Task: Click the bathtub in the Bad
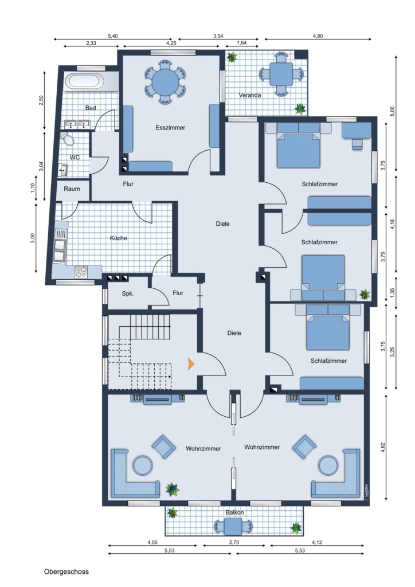pos(84,81)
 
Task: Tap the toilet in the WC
pos(68,139)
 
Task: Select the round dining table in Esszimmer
pos(166,81)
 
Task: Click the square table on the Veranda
pos(281,74)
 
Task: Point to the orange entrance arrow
pos(191,363)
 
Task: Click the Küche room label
pos(118,238)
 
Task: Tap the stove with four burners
pos(81,272)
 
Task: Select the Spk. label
pos(128,294)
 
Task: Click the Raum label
pos(72,189)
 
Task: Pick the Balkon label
pos(234,512)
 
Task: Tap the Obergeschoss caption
pos(66,572)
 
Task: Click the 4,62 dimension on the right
pos(382,448)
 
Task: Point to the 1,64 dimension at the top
pos(242,42)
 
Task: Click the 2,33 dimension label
pos(91,43)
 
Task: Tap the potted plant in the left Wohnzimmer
pos(172,490)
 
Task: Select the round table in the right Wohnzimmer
pos(328,465)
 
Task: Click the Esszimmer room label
pos(170,128)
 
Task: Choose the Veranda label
pos(249,95)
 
